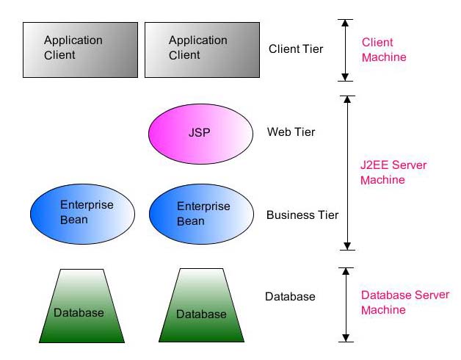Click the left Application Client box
click(80, 49)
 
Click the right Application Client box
click(202, 49)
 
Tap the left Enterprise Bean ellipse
click(82, 212)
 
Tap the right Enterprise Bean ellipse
click(201, 214)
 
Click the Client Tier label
click(296, 50)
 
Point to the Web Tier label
click(291, 132)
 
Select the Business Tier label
click(302, 215)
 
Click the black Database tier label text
click(290, 297)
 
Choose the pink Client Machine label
click(383, 50)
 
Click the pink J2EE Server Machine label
click(393, 173)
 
